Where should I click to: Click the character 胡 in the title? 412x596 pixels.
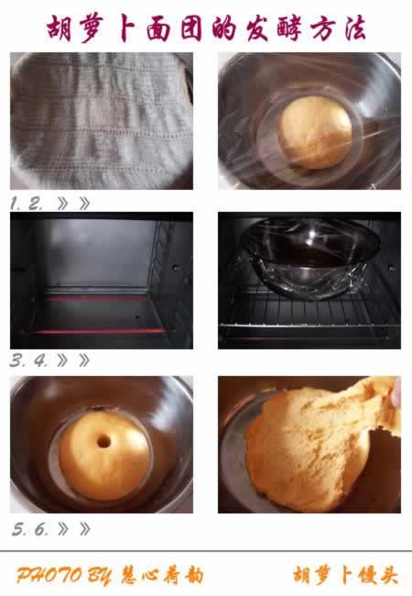[x=60, y=28]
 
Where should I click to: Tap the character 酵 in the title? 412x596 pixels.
[x=289, y=29]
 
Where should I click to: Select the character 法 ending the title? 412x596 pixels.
[x=354, y=28]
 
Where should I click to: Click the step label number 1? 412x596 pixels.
[x=14, y=204]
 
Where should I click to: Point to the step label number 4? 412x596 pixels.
[x=40, y=360]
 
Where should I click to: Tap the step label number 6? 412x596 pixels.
[x=42, y=529]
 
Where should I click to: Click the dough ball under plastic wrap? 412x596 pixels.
[x=315, y=131]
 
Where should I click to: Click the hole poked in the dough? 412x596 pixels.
[x=103, y=442]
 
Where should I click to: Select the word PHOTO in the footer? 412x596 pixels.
[x=49, y=576]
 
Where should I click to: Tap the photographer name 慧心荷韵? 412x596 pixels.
[x=162, y=576]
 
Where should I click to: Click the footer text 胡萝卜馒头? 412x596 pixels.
[x=345, y=575]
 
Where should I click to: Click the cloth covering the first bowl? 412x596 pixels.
[x=100, y=120]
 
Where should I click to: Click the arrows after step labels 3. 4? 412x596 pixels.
[x=73, y=360]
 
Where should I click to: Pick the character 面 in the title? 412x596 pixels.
[x=157, y=29]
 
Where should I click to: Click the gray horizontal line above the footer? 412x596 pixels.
[x=206, y=551]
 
